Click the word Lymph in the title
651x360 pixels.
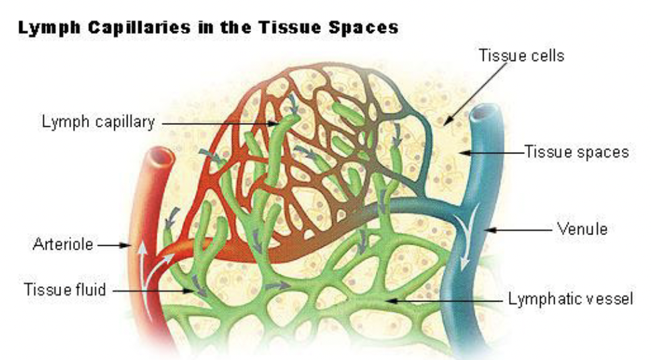point(43,28)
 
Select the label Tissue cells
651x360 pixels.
point(521,55)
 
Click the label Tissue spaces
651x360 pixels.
point(576,152)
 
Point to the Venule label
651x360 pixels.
point(583,230)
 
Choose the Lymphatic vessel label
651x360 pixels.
point(571,299)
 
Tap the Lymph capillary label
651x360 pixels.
point(98,122)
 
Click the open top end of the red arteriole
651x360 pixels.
point(160,157)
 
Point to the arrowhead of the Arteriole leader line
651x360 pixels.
point(130,245)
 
